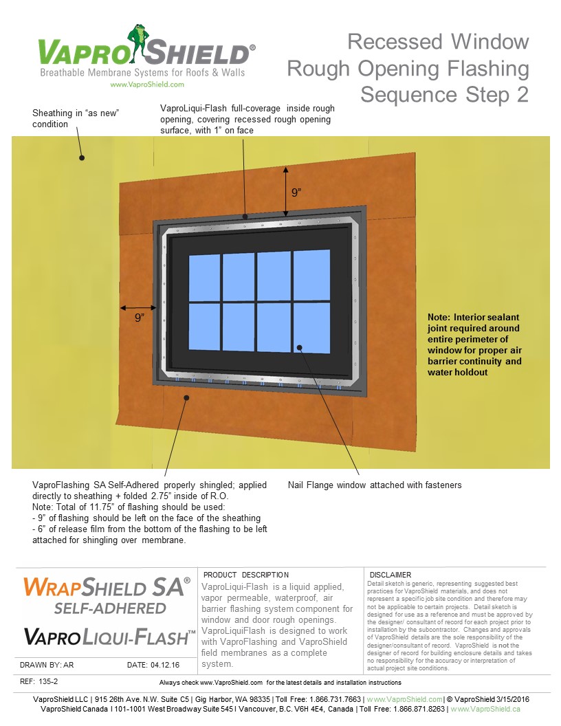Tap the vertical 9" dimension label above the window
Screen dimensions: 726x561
click(296, 192)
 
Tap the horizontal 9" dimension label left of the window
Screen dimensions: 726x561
click(140, 317)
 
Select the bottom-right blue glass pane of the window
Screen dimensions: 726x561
click(311, 328)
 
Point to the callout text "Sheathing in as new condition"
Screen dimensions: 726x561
click(76, 118)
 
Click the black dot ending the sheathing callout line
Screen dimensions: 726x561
click(82, 157)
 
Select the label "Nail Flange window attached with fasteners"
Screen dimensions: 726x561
click(374, 485)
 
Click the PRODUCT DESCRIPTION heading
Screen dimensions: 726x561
click(246, 575)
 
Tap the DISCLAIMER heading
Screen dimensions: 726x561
click(390, 575)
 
